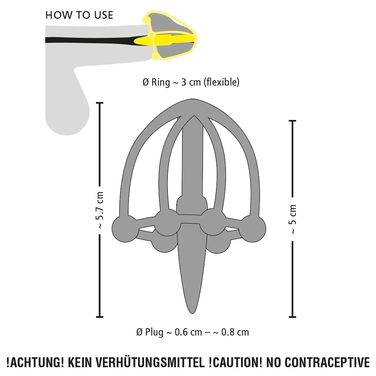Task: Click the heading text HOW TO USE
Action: (x=79, y=15)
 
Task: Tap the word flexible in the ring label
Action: (x=221, y=82)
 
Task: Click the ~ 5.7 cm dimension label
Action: (x=100, y=210)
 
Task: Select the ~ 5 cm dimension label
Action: (x=293, y=219)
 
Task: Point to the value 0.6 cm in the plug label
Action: (x=188, y=332)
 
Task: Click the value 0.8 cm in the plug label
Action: (x=235, y=332)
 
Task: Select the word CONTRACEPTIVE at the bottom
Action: (x=327, y=363)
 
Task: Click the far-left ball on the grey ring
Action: (x=125, y=229)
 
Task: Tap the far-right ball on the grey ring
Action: (x=252, y=229)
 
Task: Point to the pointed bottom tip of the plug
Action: (x=192, y=313)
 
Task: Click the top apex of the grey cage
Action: (x=192, y=99)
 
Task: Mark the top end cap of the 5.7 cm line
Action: (x=100, y=103)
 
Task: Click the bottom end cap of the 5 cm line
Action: (x=293, y=317)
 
